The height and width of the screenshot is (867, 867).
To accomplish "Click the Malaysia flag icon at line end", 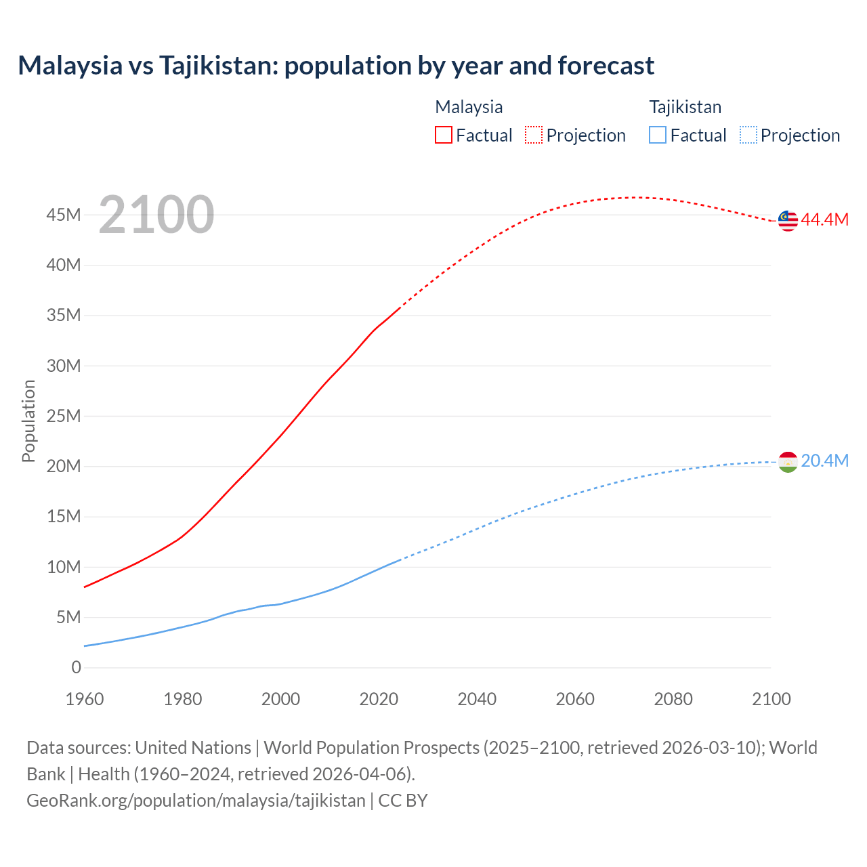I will (x=788, y=220).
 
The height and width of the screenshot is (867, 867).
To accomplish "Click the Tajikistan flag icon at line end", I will (x=788, y=461).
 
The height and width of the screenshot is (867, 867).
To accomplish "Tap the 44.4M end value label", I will (x=824, y=219).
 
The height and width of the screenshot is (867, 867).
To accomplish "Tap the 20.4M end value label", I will (x=824, y=461).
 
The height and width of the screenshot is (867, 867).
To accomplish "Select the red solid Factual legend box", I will (x=444, y=135).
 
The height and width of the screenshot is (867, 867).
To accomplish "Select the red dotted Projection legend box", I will (x=534, y=135).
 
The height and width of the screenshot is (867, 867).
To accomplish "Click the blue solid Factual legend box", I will (x=658, y=135).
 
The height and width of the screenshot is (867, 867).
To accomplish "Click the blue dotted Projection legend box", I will (x=748, y=135).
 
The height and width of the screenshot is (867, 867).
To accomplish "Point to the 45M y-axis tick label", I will (x=64, y=215).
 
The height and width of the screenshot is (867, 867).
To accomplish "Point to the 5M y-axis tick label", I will (x=68, y=617).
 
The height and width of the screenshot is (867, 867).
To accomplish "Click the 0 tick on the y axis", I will (x=76, y=667).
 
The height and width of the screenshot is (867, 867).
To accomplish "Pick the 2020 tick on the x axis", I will (x=379, y=699).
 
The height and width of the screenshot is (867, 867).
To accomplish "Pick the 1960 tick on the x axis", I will (x=85, y=699).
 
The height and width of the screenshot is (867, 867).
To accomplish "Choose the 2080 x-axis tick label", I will (x=673, y=699).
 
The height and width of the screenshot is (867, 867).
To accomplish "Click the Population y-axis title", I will (x=28, y=421).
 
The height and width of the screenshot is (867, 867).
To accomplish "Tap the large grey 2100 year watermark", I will (x=156, y=215).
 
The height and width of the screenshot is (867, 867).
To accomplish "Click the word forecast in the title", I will (x=606, y=66).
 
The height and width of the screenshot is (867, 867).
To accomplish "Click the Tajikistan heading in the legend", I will (x=685, y=107).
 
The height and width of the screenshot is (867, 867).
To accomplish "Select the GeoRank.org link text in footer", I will (x=196, y=800).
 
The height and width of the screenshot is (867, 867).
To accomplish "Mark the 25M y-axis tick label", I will (x=64, y=416).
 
